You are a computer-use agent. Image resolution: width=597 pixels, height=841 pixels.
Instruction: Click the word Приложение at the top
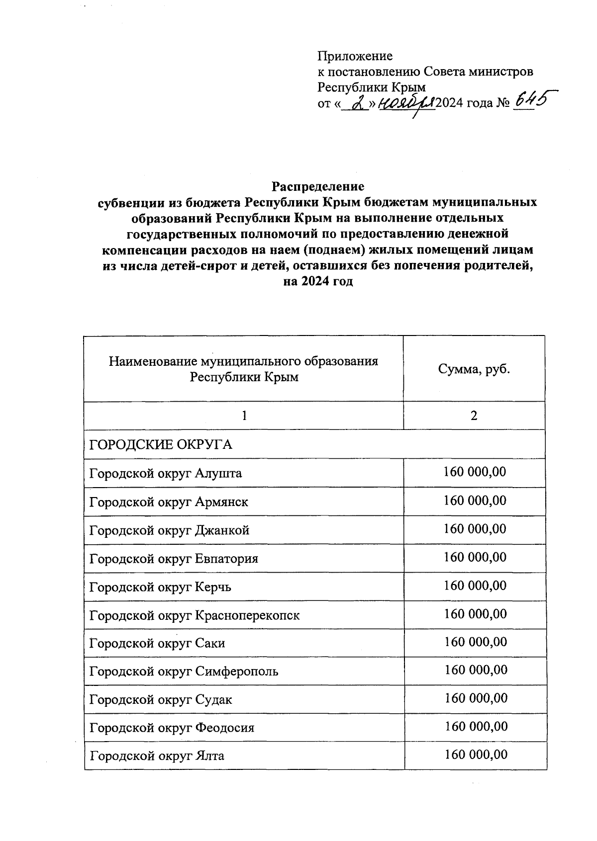coord(355,56)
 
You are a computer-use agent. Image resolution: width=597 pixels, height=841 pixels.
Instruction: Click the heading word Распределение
coord(317,186)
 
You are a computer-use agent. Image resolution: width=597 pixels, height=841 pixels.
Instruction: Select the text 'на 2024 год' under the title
coord(317,282)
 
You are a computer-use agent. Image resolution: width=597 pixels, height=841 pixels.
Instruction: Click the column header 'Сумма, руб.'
coord(474,369)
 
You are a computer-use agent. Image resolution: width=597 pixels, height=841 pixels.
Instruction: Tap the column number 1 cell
coord(244,416)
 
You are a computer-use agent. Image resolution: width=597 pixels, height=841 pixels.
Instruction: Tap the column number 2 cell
coord(474,416)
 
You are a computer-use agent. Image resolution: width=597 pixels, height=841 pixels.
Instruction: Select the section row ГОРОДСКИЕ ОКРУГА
coord(161,444)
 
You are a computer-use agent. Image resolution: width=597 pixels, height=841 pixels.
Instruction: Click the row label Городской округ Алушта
coord(165,473)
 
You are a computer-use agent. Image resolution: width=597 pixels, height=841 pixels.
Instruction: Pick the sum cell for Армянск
coord(475,500)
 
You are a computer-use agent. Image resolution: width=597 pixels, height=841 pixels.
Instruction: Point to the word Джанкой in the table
coord(222,530)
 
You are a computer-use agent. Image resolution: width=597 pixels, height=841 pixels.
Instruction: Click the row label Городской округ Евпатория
coord(174,558)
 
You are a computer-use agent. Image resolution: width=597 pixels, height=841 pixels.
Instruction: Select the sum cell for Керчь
coord(475,585)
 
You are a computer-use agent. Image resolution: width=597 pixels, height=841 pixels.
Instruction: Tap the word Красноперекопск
coord(247,615)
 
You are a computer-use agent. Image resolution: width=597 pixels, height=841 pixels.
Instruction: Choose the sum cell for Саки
coord(475,642)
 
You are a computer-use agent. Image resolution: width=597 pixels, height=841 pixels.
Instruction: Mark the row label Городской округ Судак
coord(161,700)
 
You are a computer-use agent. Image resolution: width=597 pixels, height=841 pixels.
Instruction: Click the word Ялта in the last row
coord(210,756)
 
